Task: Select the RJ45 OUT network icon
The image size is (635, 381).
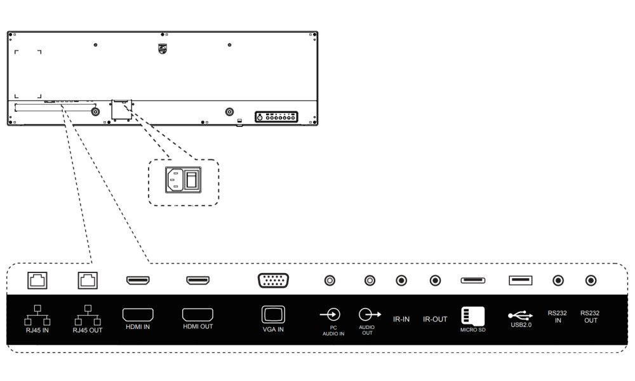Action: click(x=88, y=315)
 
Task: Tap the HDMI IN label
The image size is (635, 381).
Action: click(x=137, y=327)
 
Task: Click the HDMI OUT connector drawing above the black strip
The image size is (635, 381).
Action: click(x=198, y=279)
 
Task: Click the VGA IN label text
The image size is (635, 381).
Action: click(x=273, y=330)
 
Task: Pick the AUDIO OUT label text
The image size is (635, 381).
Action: click(x=367, y=330)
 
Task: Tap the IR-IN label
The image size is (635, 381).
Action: click(x=401, y=319)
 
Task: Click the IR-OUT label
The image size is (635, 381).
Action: click(x=436, y=319)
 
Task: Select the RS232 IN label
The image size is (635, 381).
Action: click(x=557, y=316)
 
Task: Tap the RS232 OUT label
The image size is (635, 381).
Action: click(x=591, y=316)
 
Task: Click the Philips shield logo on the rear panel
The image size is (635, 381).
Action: click(x=163, y=48)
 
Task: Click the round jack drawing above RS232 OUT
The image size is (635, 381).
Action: click(x=591, y=279)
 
